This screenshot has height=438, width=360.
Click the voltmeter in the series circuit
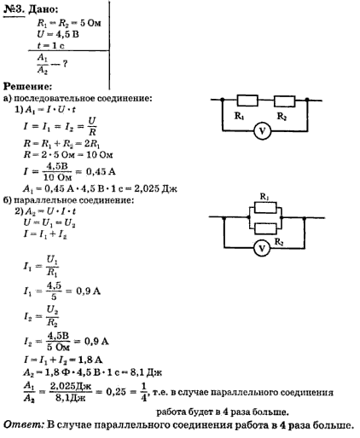tap(262, 131)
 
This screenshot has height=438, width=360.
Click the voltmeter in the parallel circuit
tap(262, 248)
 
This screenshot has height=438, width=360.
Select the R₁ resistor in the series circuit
tap(247, 101)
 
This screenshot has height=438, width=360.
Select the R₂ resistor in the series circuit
tap(284, 101)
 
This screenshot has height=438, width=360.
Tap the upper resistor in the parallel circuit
tap(265, 208)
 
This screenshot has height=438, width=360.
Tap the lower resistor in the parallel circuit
tap(265, 228)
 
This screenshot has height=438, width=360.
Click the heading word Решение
tap(28, 86)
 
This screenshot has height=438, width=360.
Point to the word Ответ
tap(24, 425)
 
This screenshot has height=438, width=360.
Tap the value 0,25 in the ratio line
tap(116, 392)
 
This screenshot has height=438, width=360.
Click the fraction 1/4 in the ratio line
tap(144, 392)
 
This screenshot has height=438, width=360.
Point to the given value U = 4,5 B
tap(58, 34)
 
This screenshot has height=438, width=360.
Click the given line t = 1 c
tap(51, 45)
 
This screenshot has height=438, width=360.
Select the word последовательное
tap(55, 99)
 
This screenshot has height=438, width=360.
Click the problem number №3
tap(15, 9)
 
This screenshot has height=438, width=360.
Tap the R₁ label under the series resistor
tap(239, 116)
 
